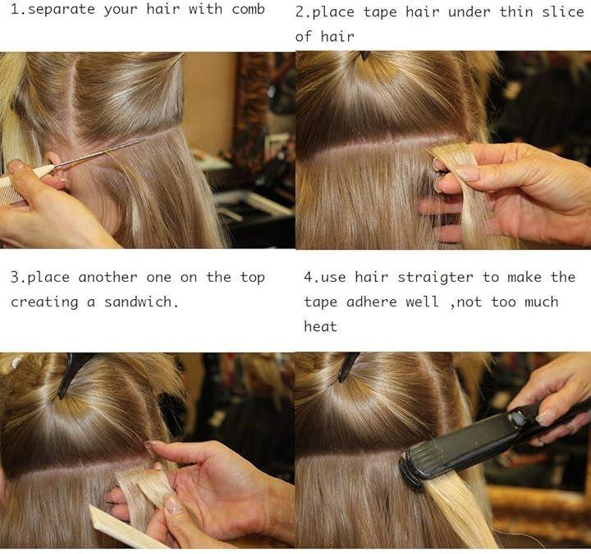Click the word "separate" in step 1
62,10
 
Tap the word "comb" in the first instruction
248,9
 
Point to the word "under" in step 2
470,12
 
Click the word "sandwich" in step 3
138,302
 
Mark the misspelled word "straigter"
435,278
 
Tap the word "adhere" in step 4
371,302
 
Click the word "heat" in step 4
320,326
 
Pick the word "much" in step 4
541,302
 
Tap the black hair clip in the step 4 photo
346,366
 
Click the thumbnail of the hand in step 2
465,173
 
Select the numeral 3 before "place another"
15,277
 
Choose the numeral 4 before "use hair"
309,278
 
